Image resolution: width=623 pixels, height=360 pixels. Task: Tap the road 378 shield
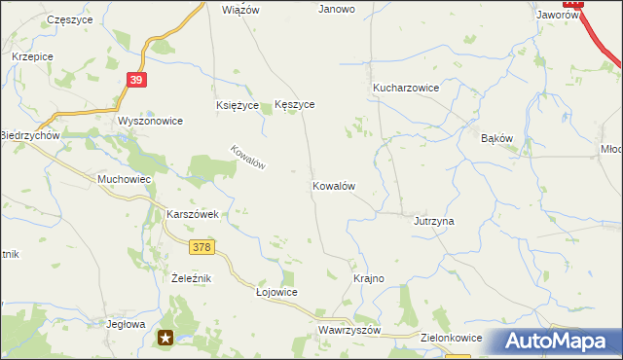coord(202,248)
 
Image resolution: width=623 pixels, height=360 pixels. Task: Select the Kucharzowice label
coord(406,88)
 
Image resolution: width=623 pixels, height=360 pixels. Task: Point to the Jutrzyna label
coord(434,221)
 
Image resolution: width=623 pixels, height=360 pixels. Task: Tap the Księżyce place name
coord(237,105)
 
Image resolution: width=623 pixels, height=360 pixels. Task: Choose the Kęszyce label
coord(295,105)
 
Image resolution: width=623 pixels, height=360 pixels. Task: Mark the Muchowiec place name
coord(123,180)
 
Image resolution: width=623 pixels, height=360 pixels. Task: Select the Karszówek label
coord(197,214)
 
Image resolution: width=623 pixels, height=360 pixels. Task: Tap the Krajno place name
coord(368,278)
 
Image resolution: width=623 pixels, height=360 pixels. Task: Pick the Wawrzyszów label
coord(348,331)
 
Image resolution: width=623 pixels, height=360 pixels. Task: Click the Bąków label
coord(496,138)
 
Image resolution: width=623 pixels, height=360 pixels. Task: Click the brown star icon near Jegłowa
coord(166,338)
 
